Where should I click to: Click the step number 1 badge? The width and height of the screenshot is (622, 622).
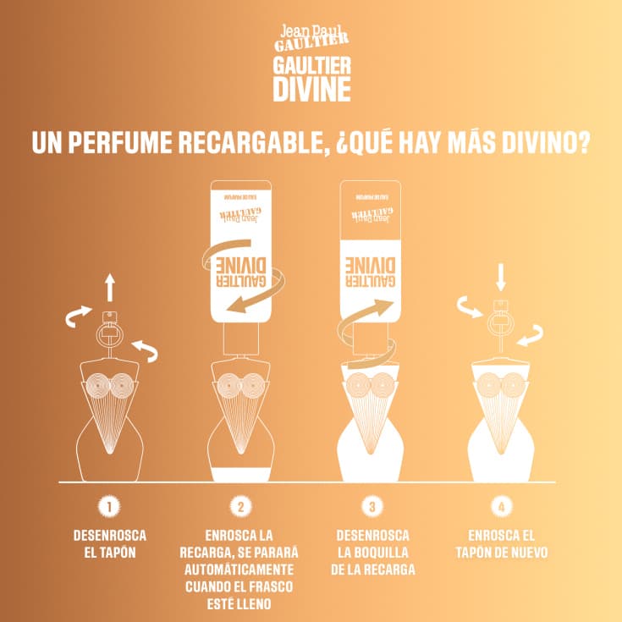tap(108, 507)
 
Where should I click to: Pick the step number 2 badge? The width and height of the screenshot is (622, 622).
tap(240, 507)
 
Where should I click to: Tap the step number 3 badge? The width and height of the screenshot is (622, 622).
tap(372, 507)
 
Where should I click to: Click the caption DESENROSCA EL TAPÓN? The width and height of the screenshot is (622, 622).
tap(108, 544)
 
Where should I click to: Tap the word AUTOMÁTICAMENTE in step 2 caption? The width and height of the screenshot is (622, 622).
tap(240, 570)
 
